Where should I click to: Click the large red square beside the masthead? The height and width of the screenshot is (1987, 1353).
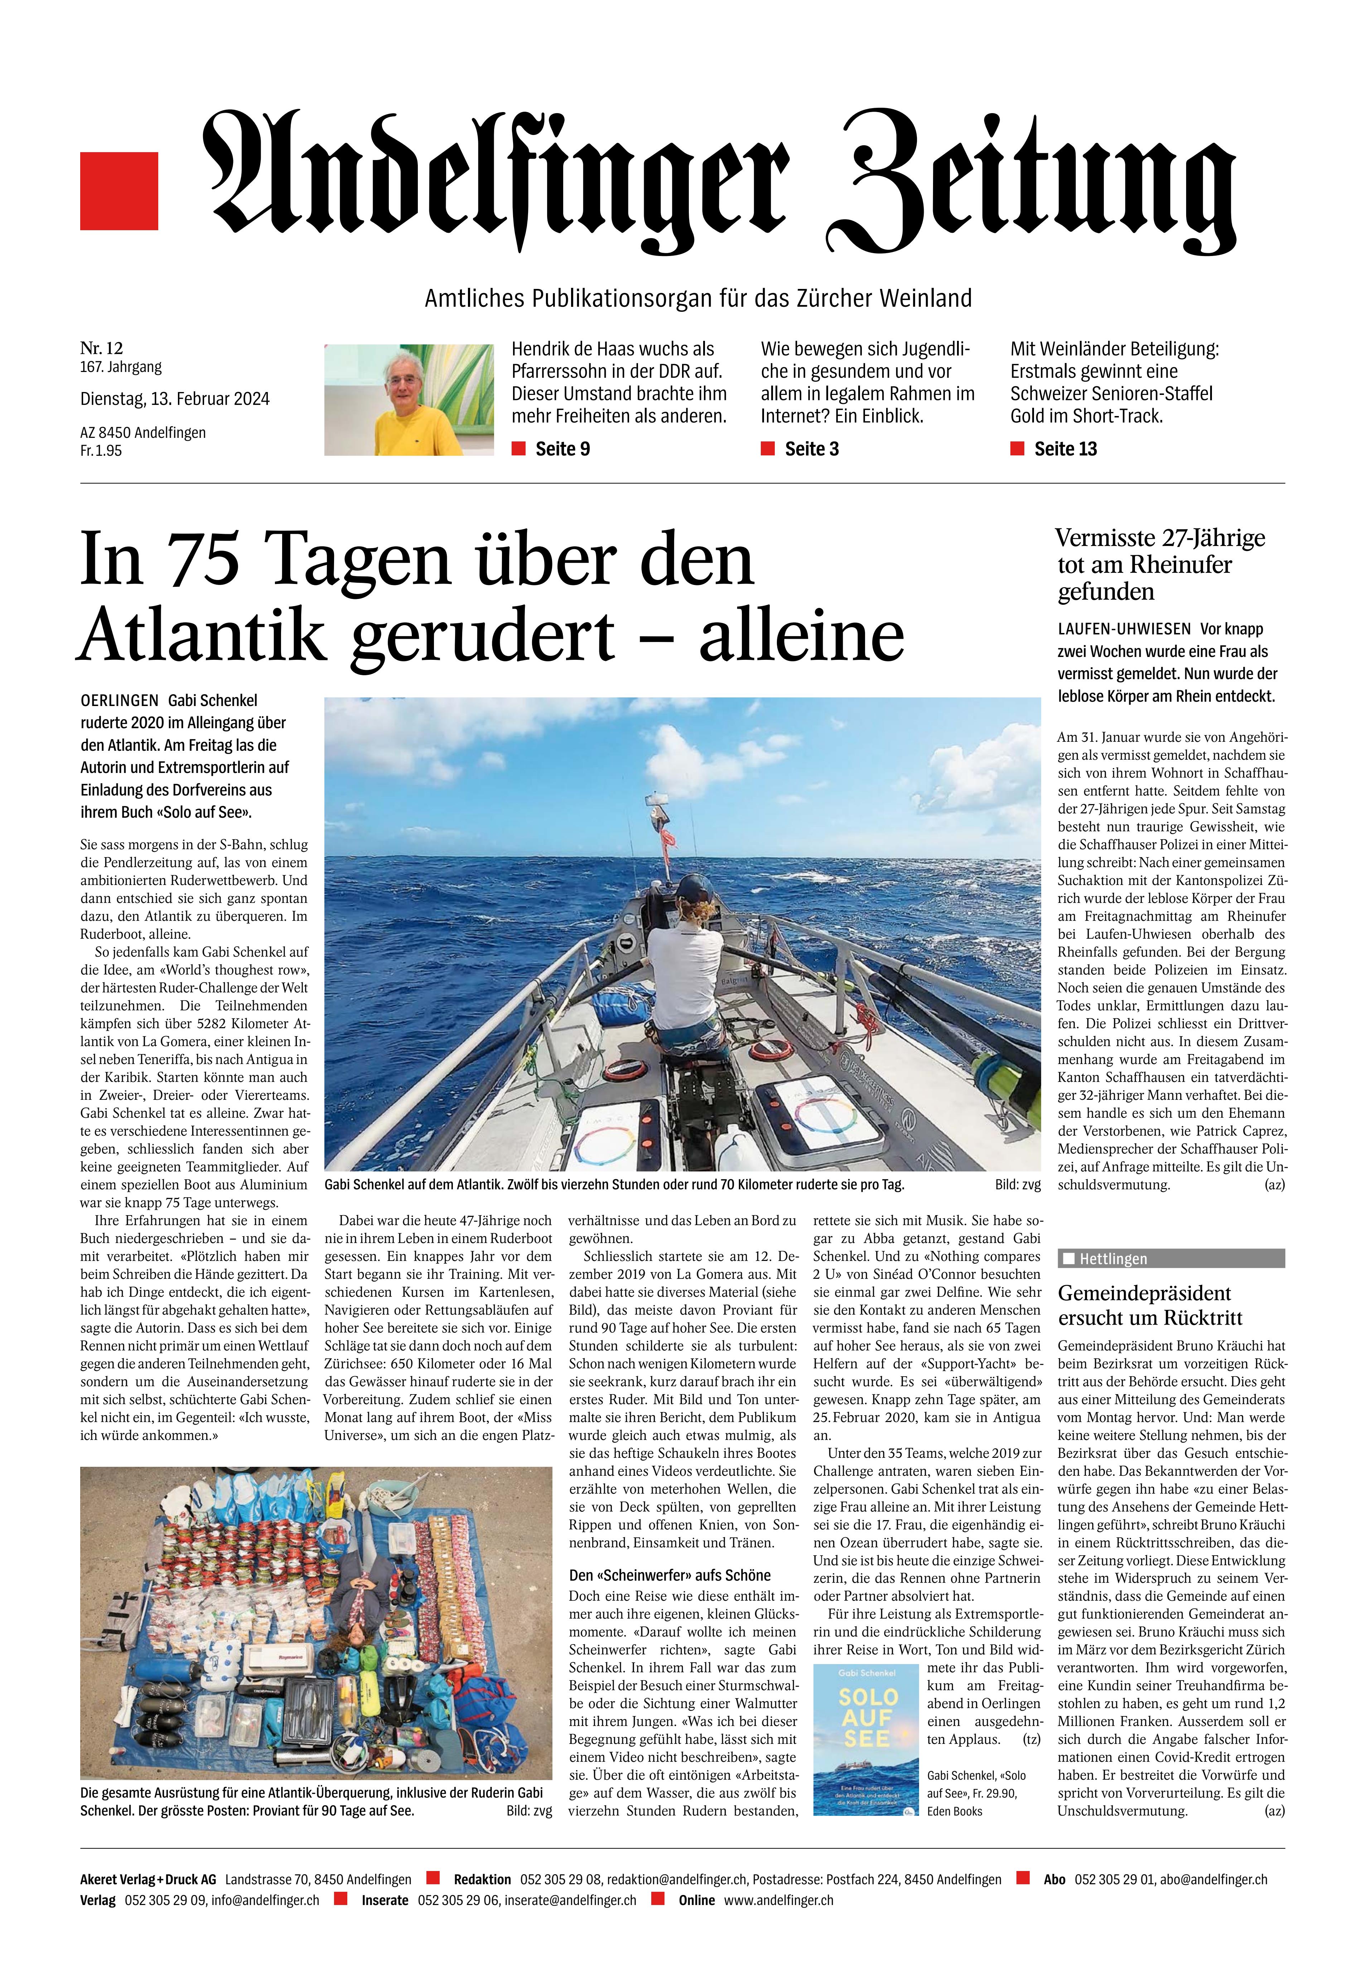tap(119, 191)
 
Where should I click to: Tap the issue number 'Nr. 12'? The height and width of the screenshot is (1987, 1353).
tap(102, 348)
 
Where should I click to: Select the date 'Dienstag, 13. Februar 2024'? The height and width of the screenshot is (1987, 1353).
tap(174, 398)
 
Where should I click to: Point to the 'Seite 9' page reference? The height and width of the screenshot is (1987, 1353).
tap(562, 449)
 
